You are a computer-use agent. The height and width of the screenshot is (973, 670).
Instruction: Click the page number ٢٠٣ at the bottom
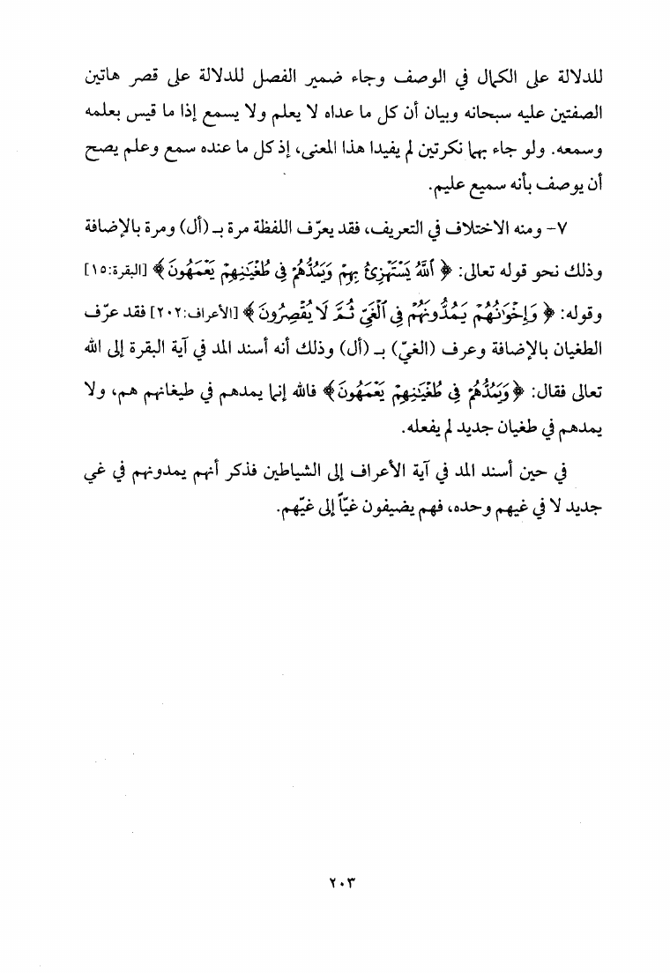pyautogui.click(x=334, y=881)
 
